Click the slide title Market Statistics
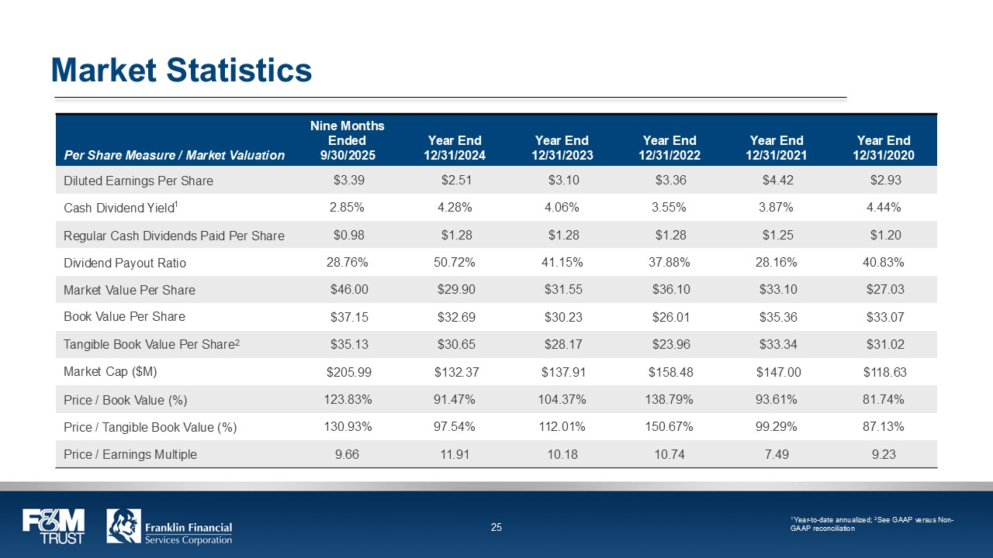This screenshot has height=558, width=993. [x=182, y=71]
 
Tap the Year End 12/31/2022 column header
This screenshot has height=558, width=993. [x=669, y=147]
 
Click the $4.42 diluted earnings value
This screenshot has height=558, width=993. [x=777, y=181]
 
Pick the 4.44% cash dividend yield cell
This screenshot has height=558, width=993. [x=884, y=208]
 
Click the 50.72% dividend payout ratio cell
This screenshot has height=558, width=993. [x=455, y=263]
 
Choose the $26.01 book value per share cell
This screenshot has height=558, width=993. [x=669, y=317]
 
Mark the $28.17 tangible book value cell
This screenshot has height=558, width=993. [x=562, y=344]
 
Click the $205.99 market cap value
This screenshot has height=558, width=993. [x=349, y=372]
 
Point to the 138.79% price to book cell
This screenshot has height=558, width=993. [x=669, y=399]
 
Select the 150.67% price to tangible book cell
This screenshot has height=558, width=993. [x=669, y=427]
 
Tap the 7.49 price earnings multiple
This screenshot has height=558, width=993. [x=777, y=454]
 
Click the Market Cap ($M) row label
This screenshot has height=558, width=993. [x=110, y=372]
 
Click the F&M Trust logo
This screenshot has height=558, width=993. [x=53, y=526]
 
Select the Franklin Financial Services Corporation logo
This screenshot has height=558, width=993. [x=169, y=526]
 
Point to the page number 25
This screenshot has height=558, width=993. [x=496, y=528]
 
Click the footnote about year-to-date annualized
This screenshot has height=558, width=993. [x=870, y=524]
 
